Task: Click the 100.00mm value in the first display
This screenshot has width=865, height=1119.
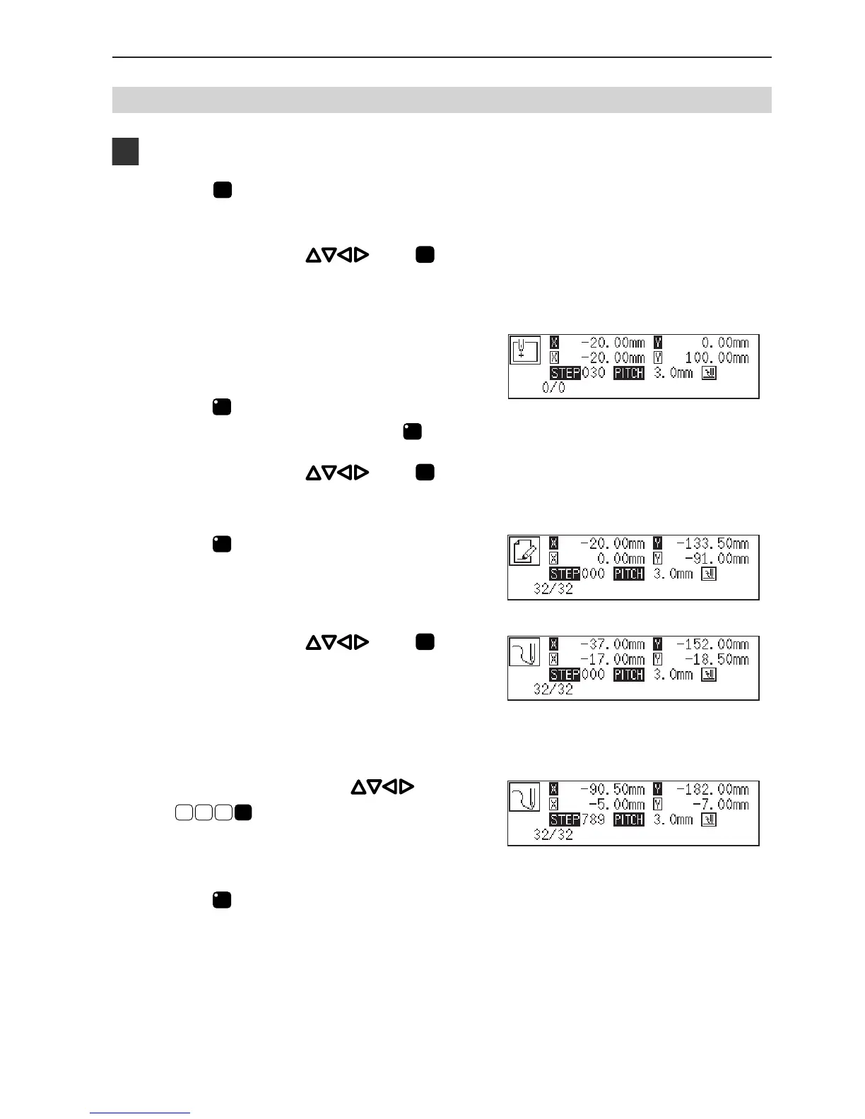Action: (717, 358)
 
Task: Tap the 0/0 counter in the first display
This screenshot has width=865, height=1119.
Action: (553, 388)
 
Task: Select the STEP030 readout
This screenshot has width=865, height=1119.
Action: (577, 373)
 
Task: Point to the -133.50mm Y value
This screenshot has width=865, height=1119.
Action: (712, 544)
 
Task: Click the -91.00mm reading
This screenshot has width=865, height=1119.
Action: (717, 559)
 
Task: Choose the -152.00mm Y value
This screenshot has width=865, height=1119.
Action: (712, 644)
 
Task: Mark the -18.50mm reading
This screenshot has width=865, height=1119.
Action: (717, 659)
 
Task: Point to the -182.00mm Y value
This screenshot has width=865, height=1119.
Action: (712, 789)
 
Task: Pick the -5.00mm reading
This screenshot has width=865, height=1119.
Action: (618, 805)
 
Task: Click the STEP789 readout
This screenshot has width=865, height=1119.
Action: (577, 819)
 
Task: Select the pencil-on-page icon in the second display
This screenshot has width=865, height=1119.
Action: (524, 551)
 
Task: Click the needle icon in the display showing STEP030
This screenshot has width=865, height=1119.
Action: (525, 350)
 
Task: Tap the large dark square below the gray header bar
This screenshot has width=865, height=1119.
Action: (125, 152)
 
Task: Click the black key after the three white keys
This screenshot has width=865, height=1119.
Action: (244, 812)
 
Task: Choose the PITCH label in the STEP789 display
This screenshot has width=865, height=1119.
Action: (628, 819)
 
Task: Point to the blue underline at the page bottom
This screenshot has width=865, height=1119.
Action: (140, 1113)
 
